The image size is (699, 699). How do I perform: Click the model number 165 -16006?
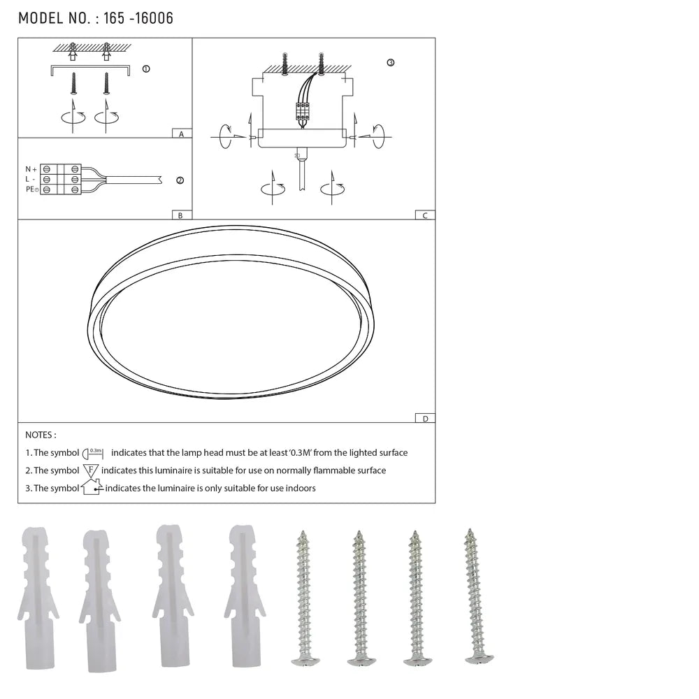click(138, 18)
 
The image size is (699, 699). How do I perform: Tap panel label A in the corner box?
click(181, 133)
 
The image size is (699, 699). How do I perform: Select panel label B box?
click(180, 215)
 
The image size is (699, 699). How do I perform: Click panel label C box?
click(424, 215)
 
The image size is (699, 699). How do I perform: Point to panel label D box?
click(424, 418)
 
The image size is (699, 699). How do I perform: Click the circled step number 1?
click(145, 69)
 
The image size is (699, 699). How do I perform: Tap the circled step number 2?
click(180, 180)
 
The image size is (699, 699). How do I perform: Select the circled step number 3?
click(390, 62)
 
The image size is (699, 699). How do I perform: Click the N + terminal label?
click(31, 169)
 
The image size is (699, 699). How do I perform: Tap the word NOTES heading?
click(41, 435)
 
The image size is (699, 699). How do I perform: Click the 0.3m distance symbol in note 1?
click(93, 453)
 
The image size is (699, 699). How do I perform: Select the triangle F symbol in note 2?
click(91, 470)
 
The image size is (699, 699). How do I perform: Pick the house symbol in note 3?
click(92, 487)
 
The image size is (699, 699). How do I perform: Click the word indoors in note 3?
click(299, 488)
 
